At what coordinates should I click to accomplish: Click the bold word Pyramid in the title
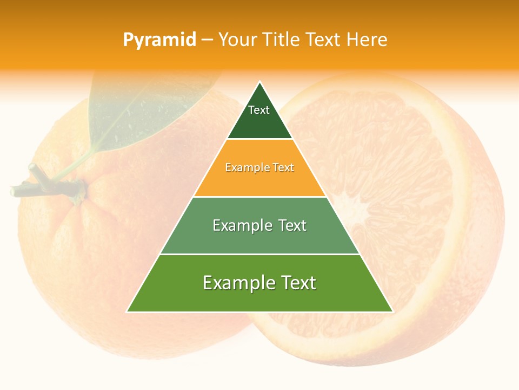159,40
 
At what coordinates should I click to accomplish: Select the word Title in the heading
282,40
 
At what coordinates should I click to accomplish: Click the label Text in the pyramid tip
259,110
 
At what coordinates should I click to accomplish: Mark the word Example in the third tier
240,225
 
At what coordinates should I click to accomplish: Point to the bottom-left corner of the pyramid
128,311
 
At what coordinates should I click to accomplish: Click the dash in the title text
207,40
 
